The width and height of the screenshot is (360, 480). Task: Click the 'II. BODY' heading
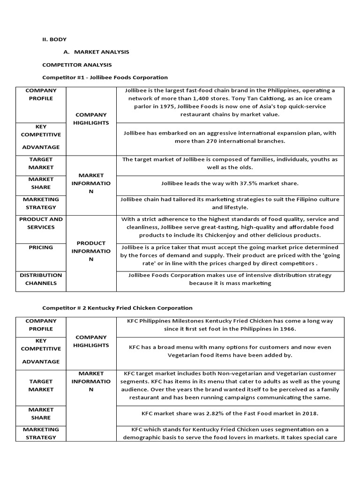click(x=54, y=39)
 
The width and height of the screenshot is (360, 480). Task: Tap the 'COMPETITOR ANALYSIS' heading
click(x=77, y=64)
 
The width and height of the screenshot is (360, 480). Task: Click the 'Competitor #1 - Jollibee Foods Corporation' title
click(x=105, y=77)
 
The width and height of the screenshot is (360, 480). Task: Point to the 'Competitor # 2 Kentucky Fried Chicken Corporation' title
click(x=117, y=308)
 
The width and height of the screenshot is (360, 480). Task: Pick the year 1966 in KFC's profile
click(x=287, y=329)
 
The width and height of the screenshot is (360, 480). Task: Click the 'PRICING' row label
click(x=41, y=247)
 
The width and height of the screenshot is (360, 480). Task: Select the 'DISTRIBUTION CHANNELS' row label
click(x=41, y=279)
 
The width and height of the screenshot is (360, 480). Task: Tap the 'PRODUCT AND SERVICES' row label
click(x=41, y=223)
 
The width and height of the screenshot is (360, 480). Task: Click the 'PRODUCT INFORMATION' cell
click(x=91, y=251)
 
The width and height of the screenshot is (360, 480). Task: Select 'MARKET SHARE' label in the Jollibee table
click(x=41, y=183)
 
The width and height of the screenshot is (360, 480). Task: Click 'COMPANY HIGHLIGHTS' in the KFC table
click(x=91, y=341)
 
